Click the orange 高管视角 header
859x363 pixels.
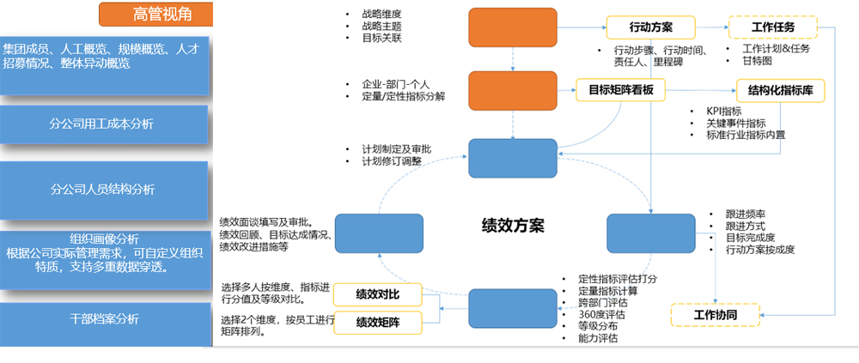(x=155, y=15)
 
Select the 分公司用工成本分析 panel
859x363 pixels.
(x=103, y=124)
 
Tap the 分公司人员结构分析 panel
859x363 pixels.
(x=103, y=189)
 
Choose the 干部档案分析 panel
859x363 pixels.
(x=103, y=319)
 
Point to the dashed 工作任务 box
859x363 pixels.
(x=772, y=27)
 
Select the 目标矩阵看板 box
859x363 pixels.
(x=620, y=90)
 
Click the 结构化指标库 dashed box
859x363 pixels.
(x=781, y=90)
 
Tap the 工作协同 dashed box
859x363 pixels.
(x=715, y=315)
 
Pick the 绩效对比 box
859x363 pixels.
(x=377, y=295)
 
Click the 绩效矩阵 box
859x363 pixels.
(x=377, y=323)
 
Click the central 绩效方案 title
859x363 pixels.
(x=514, y=226)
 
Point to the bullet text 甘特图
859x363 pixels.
(x=754, y=61)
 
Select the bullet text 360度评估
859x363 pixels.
(x=601, y=315)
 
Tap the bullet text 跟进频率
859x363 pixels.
(x=745, y=214)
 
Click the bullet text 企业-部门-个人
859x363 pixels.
(x=395, y=84)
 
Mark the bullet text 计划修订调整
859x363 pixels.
(x=392, y=160)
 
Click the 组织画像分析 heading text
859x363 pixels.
(x=104, y=239)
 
